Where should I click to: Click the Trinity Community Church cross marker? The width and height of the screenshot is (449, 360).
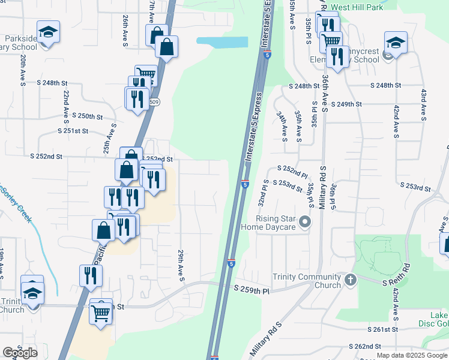point(351,280)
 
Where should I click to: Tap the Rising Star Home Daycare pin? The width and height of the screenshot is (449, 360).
point(306,223)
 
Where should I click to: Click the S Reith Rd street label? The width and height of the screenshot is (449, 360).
point(396,274)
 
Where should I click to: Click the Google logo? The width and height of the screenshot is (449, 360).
point(20,353)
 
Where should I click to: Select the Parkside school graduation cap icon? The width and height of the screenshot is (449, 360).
point(49,31)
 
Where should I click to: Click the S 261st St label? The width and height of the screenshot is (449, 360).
point(383,329)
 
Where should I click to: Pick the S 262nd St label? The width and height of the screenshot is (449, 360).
point(365,346)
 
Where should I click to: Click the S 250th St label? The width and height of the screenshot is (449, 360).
point(88,115)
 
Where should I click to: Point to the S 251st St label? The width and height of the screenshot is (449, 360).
point(73,131)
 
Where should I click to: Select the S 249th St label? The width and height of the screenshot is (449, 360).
point(346,104)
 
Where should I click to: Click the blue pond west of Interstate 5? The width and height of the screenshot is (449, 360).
point(222,42)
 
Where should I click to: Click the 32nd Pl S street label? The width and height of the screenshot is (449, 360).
point(263,193)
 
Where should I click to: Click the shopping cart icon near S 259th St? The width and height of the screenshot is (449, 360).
point(101,313)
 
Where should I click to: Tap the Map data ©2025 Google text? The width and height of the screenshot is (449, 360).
point(411,355)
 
